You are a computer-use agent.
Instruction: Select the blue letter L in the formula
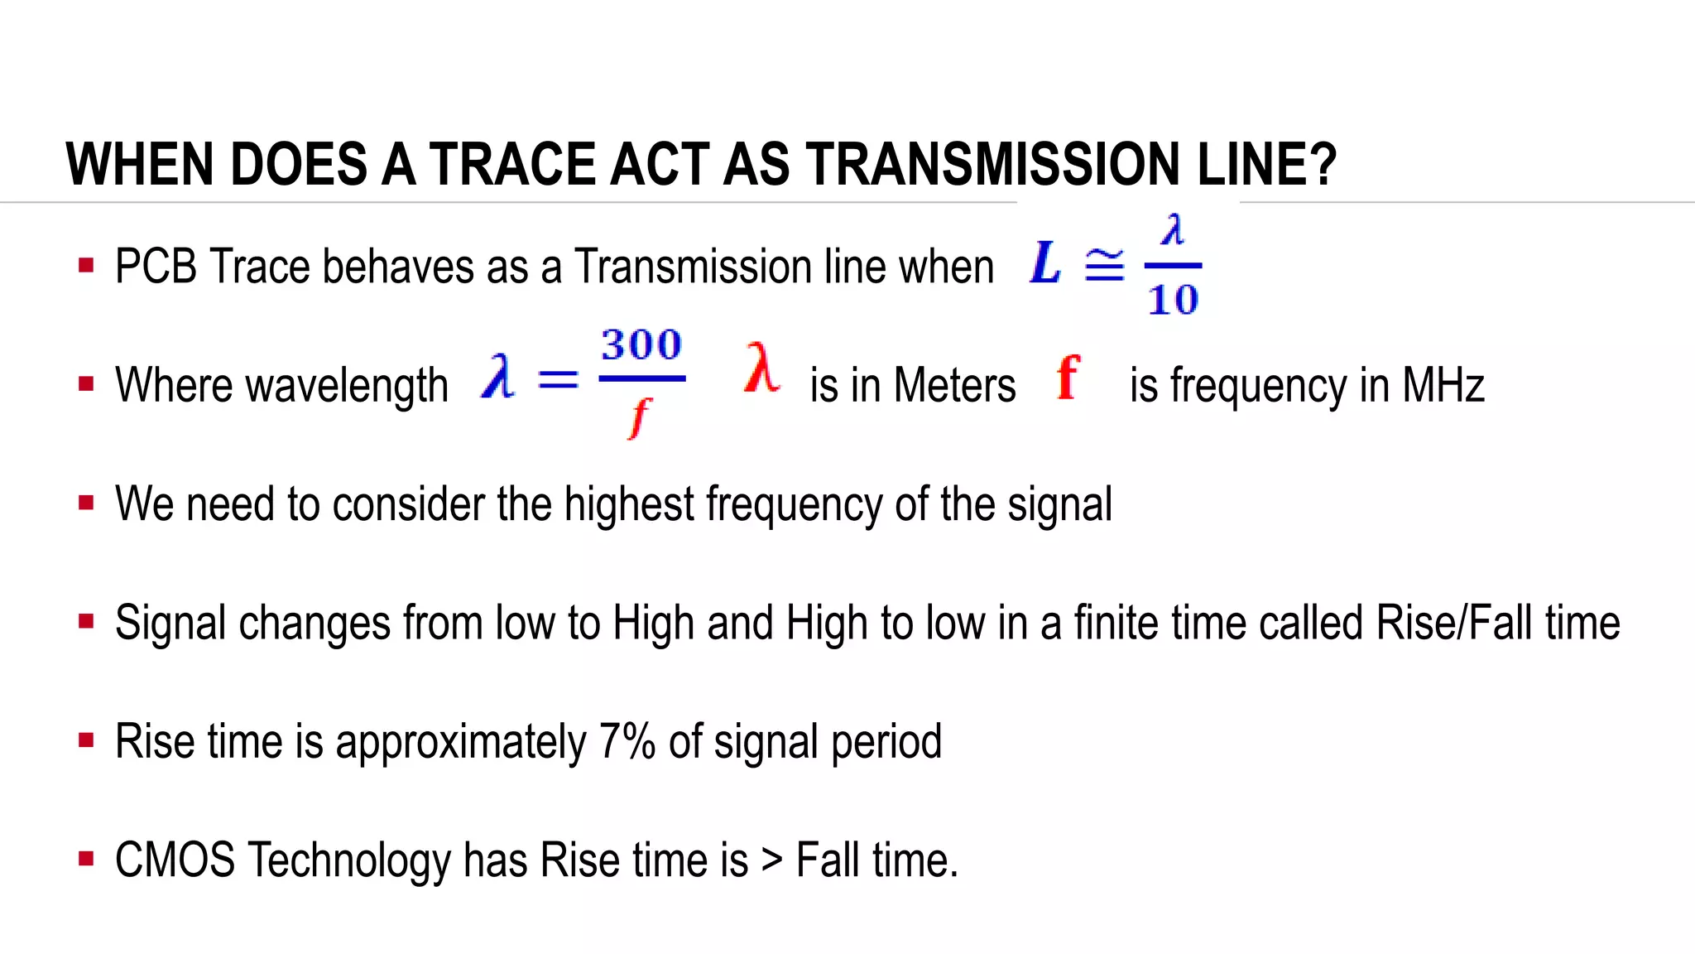click(1045, 263)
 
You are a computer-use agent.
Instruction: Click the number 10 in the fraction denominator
click(1173, 300)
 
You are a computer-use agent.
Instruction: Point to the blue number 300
click(641, 344)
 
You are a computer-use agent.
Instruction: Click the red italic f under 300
click(639, 417)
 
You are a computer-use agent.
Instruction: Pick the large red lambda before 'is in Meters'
click(761, 369)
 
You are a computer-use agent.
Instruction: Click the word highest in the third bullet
click(629, 504)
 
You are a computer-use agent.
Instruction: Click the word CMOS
click(175, 860)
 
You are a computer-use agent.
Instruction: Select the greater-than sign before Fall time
click(772, 860)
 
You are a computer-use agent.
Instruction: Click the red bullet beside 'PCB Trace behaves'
click(86, 266)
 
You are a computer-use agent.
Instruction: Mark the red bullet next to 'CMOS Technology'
click(86, 859)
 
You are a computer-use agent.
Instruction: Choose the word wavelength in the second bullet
click(347, 386)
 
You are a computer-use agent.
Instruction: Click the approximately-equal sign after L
click(1105, 265)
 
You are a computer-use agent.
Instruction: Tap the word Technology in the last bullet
click(348, 861)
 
